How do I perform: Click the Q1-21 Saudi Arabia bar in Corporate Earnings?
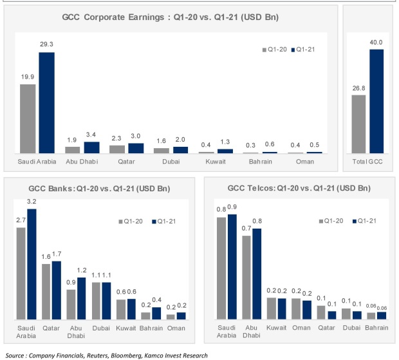pos(46,102)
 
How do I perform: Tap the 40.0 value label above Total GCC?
pos(376,42)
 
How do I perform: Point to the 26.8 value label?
pos(359,88)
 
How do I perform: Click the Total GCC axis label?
pos(367,162)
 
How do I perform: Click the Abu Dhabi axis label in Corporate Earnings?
pos(81,162)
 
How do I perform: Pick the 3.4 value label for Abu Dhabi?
pos(91,135)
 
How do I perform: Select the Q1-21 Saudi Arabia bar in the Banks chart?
pos(32,264)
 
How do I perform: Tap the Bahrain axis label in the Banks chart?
pos(150,328)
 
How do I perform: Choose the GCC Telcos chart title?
pos(299,188)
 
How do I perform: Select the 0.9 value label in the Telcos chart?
pos(232,207)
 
